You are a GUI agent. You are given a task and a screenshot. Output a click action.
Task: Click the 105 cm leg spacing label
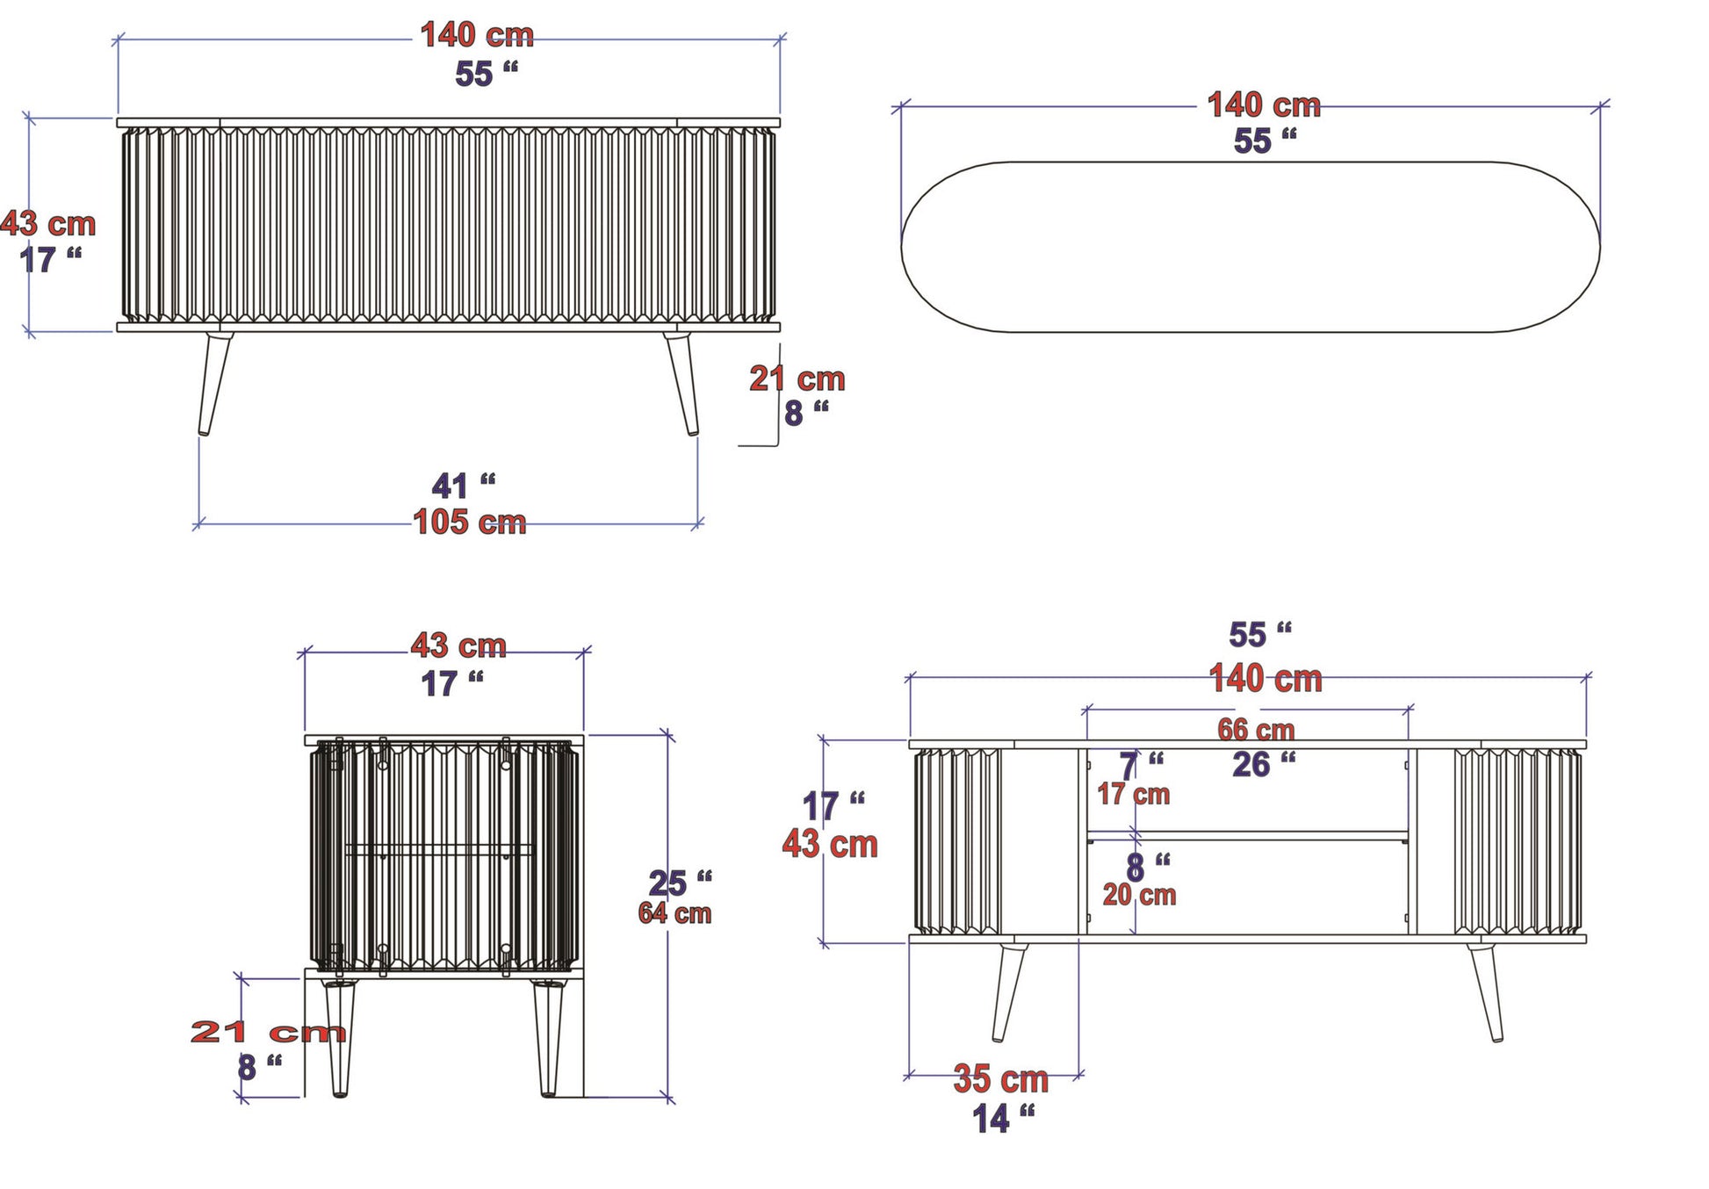pyautogui.click(x=470, y=522)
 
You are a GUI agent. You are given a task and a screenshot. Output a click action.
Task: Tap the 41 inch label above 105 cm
pyautogui.click(x=464, y=486)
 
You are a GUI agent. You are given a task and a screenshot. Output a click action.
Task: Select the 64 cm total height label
pyautogui.click(x=674, y=913)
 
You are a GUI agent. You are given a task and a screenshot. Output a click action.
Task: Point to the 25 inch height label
pyautogui.click(x=680, y=883)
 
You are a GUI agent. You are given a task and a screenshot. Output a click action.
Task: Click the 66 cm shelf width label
pyautogui.click(x=1256, y=730)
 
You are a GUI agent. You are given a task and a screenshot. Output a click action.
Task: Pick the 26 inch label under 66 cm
pyautogui.click(x=1264, y=765)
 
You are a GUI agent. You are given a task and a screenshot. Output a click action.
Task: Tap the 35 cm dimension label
pyautogui.click(x=1001, y=1079)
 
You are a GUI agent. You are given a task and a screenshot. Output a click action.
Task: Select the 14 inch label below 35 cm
pyautogui.click(x=1004, y=1119)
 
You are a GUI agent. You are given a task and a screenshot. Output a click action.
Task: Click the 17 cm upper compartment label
pyautogui.click(x=1134, y=795)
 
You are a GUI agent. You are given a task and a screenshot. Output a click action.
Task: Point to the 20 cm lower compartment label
pyautogui.click(x=1139, y=895)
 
